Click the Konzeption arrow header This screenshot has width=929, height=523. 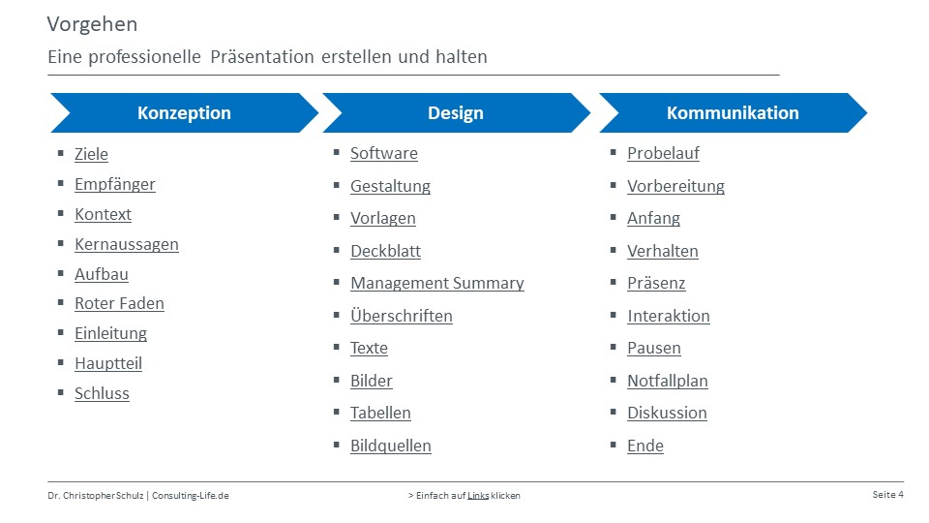click(184, 112)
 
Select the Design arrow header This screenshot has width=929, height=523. click(456, 112)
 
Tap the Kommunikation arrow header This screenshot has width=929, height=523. click(733, 112)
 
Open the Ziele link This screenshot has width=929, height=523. click(91, 154)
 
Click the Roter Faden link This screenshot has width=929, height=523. click(119, 303)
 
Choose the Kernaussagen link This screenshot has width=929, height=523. click(126, 244)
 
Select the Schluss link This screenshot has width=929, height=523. click(102, 394)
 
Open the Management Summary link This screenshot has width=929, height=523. click(437, 284)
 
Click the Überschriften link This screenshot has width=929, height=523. click(401, 316)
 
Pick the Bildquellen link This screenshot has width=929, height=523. click(390, 446)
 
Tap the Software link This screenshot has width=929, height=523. click(384, 154)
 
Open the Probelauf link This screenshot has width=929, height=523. click(663, 154)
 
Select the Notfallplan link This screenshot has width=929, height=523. click(667, 381)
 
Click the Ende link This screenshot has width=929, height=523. click(645, 446)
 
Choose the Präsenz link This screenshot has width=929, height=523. click(656, 284)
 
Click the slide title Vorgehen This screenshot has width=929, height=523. click(93, 24)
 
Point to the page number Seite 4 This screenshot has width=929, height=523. click(887, 495)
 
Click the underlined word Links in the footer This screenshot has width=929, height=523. click(478, 496)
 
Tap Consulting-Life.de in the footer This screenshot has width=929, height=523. click(191, 496)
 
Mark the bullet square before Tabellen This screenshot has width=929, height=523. click(337, 412)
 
